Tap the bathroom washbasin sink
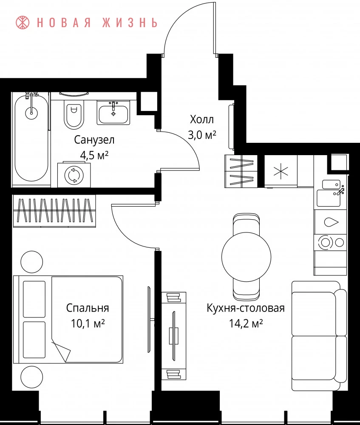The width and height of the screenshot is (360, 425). click(113, 113)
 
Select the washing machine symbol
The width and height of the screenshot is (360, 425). click(74, 175)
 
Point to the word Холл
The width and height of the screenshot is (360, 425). click(202, 119)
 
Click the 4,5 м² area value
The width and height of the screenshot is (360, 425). click(94, 155)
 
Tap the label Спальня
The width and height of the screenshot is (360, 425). click(88, 308)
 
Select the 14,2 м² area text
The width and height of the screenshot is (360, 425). click(246, 323)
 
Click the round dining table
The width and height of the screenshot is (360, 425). click(246, 257)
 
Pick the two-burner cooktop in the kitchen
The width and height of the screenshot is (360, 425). click(330, 242)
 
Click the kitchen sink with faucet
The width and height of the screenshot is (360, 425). click(331, 193)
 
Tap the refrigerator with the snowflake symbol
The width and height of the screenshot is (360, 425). click(281, 171)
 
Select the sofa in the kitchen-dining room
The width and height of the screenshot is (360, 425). click(319, 336)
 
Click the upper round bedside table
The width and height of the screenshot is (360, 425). click(32, 262)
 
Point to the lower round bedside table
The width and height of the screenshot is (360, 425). click(32, 377)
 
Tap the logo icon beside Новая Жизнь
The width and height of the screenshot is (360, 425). click(23, 23)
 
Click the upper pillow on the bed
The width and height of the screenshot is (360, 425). click(34, 299)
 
